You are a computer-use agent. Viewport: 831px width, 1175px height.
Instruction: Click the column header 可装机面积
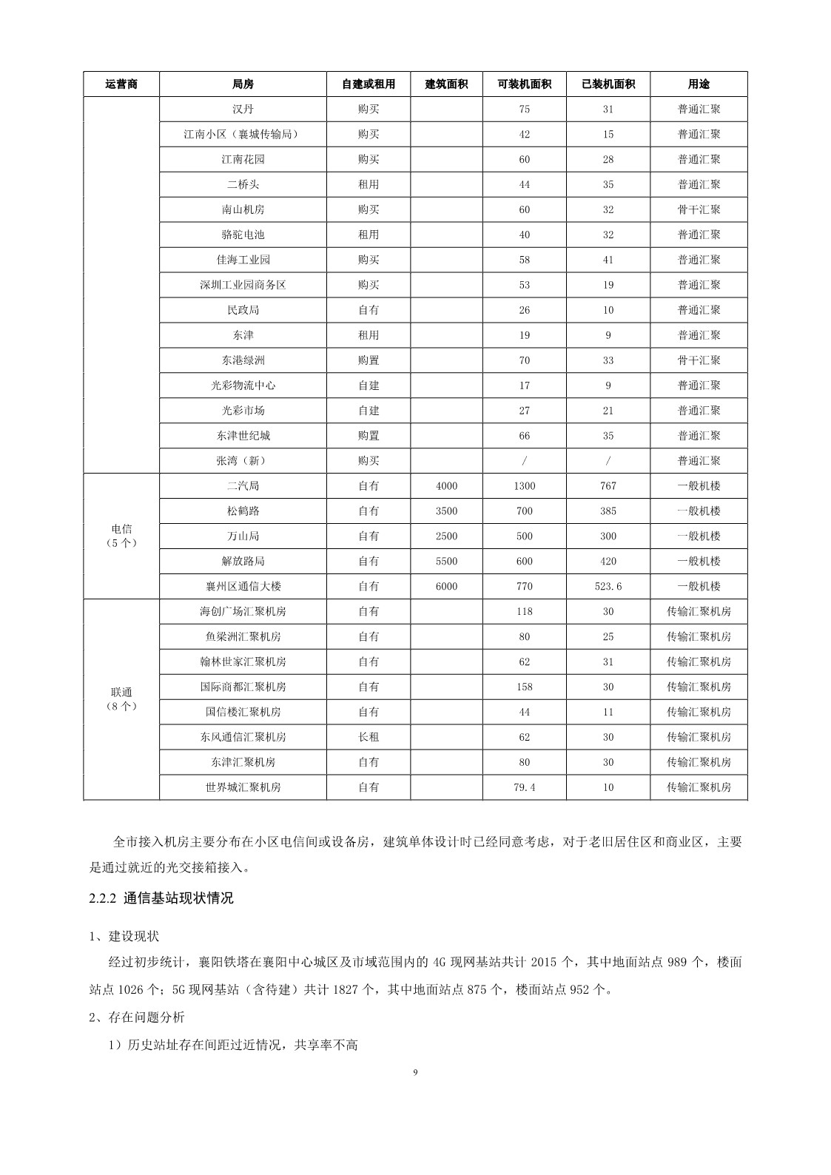525,84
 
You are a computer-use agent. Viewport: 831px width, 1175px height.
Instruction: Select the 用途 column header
699,84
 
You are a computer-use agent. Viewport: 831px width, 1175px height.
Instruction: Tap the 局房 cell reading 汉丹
243,110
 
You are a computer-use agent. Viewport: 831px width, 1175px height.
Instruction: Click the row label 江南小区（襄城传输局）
243,135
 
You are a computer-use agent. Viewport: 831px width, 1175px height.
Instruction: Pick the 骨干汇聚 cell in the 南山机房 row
699,210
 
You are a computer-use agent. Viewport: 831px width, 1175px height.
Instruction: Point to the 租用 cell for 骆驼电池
369,235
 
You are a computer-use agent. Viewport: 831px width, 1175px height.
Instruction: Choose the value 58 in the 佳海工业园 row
525,260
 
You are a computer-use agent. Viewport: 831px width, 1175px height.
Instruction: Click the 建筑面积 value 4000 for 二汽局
446,486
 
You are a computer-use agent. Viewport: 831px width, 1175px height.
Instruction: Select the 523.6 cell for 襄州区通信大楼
608,587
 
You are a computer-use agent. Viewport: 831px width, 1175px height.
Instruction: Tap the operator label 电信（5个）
121,536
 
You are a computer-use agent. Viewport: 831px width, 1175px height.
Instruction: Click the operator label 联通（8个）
121,699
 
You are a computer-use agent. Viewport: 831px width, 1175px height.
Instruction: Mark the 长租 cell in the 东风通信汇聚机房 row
369,737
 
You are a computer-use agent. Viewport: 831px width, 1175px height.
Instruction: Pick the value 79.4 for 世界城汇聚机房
525,787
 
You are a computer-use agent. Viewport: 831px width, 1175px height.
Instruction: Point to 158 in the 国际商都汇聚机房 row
525,687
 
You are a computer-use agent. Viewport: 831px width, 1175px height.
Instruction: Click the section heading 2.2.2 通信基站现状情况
161,898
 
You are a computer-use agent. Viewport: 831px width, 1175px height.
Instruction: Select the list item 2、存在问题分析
136,1017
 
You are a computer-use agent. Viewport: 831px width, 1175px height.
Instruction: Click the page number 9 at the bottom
415,1071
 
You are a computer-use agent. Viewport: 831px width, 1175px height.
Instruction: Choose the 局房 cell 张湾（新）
243,461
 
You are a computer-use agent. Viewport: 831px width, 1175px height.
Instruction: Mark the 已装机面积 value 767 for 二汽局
608,486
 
